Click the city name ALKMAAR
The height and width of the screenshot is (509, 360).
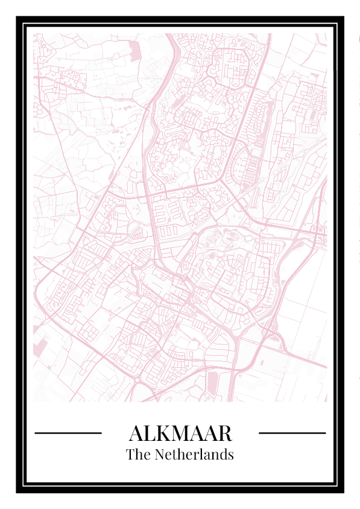pyautogui.click(x=180, y=433)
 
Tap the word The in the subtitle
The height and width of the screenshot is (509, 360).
pyautogui.click(x=138, y=454)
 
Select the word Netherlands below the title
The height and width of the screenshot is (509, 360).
pyautogui.click(x=194, y=454)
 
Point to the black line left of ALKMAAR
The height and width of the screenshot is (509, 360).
pyautogui.click(x=68, y=432)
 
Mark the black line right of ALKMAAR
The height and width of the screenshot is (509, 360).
pyautogui.click(x=292, y=432)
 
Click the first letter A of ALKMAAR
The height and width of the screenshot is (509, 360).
pyautogui.click(x=136, y=433)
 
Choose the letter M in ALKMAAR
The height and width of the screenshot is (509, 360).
pyautogui.click(x=182, y=433)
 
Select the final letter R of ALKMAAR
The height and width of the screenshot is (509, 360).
pyautogui.click(x=224, y=433)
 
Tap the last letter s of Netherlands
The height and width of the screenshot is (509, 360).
pyautogui.click(x=230, y=455)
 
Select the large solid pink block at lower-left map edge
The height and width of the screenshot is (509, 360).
pyautogui.click(x=40, y=349)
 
